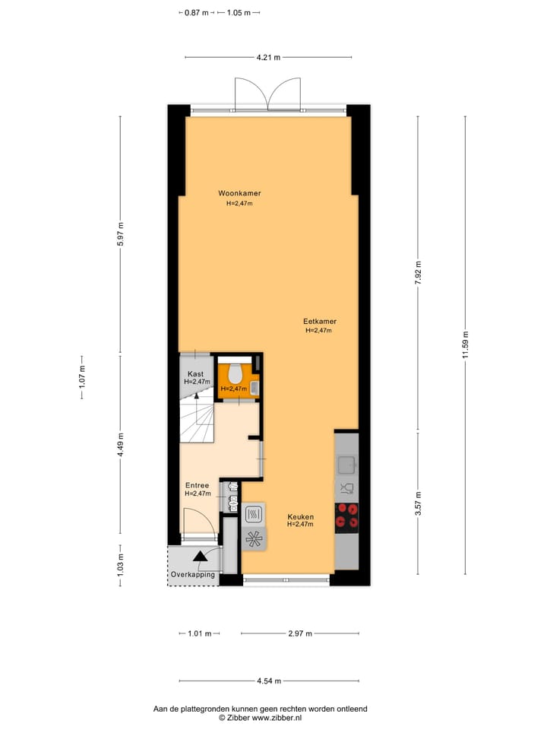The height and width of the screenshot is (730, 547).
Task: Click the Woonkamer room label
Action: click(239, 193)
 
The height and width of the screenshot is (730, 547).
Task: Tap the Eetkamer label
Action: click(319, 321)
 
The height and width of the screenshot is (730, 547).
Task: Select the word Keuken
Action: click(300, 516)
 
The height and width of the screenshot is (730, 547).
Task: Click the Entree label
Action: click(197, 484)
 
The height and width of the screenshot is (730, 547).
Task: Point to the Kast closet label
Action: click(195, 373)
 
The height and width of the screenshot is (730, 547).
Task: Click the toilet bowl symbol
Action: click(235, 373)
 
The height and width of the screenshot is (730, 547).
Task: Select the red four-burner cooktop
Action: click(346, 516)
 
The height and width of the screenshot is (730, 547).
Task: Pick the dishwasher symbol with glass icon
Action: click(346, 489)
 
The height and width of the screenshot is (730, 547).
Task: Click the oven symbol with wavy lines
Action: click(254, 514)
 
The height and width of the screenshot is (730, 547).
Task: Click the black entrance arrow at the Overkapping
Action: click(200, 557)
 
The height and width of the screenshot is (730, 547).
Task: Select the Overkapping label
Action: click(193, 574)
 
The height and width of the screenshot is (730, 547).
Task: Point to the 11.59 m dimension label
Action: click(466, 346)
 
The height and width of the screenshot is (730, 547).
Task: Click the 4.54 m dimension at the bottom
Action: click(268, 681)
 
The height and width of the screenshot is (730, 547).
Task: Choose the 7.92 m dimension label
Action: click(417, 272)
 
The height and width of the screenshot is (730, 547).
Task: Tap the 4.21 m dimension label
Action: click(268, 57)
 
